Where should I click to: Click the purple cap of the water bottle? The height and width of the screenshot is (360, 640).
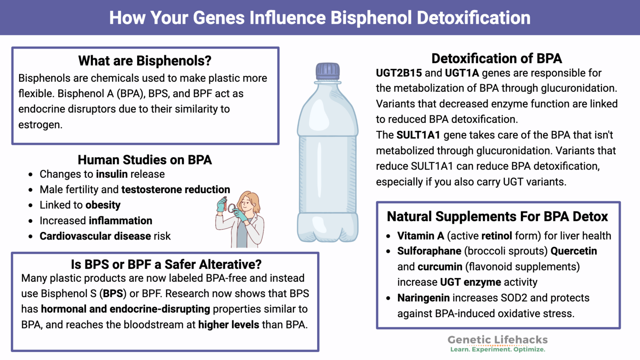[327, 71]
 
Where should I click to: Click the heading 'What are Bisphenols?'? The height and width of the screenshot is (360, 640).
[145, 61]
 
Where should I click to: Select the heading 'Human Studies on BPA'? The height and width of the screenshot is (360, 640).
[145, 160]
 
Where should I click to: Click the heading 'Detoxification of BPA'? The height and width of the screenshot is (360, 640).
[497, 58]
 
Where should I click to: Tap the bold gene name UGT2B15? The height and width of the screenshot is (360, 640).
[399, 73]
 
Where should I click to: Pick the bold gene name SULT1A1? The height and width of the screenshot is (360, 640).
[418, 135]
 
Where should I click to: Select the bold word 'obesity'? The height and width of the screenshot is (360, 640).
[103, 205]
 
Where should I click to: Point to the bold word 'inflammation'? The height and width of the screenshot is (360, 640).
[120, 221]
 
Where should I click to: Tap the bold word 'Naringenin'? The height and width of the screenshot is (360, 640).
[423, 298]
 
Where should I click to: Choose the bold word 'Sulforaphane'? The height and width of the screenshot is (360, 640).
[429, 251]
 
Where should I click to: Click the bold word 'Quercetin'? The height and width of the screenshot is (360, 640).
[574, 251]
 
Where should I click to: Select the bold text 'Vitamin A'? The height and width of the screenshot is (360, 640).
[420, 236]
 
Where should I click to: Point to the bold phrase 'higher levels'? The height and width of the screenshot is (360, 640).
[228, 325]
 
